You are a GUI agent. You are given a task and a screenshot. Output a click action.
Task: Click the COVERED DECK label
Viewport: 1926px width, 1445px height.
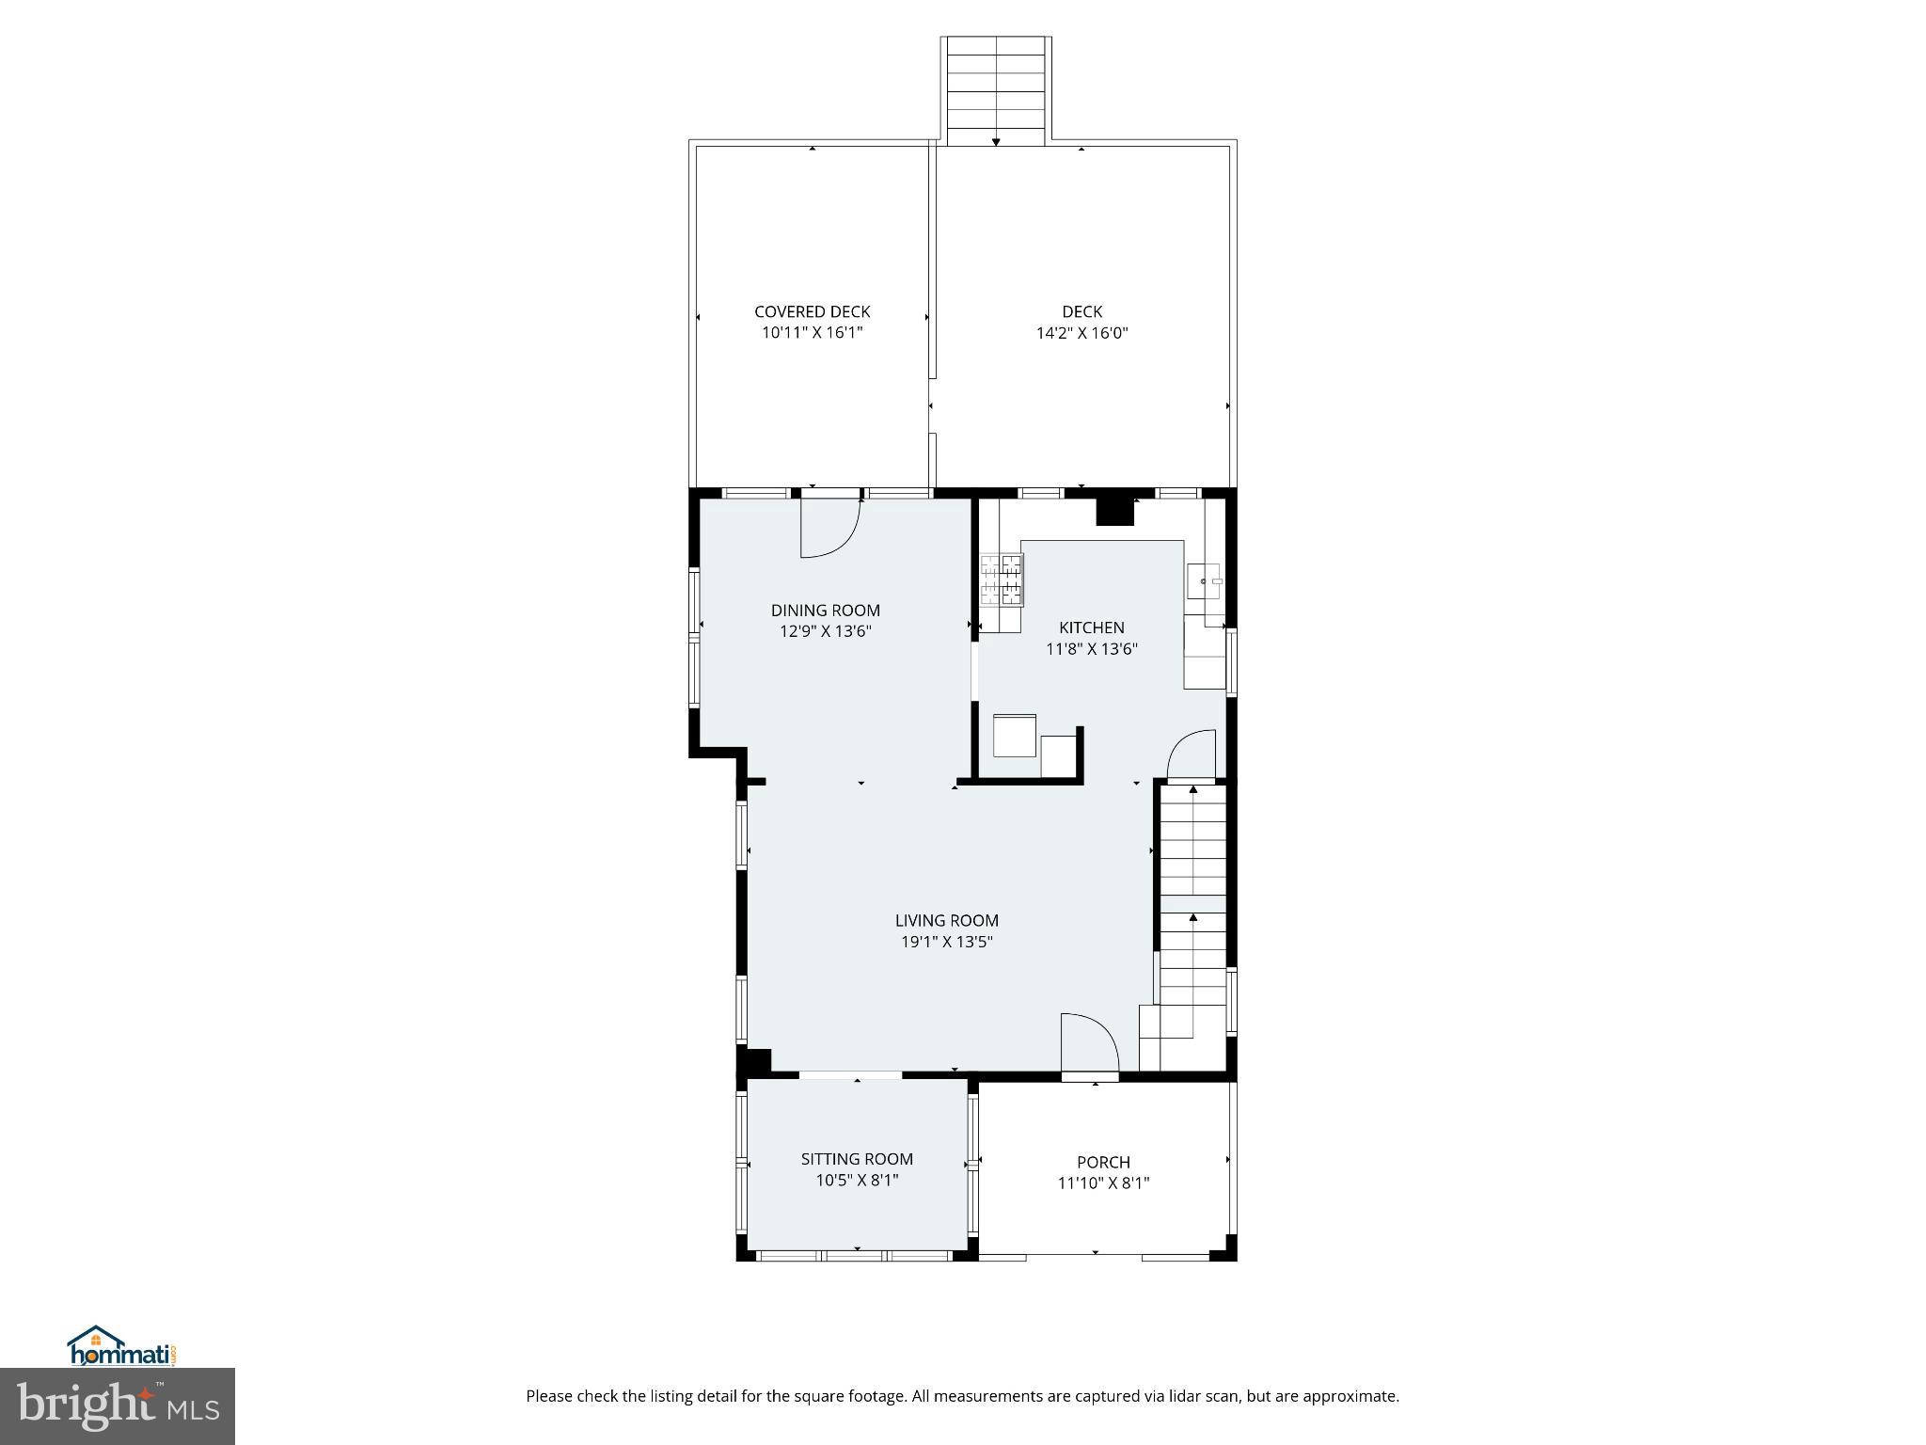(x=812, y=311)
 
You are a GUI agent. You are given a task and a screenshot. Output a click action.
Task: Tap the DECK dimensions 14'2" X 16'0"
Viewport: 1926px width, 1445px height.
(x=1081, y=333)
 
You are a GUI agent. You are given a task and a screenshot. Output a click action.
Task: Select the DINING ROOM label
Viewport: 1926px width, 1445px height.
(x=825, y=611)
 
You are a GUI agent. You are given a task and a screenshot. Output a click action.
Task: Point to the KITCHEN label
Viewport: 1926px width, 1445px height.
(x=1091, y=627)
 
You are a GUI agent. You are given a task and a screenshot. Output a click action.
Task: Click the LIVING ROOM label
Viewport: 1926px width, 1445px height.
(x=946, y=921)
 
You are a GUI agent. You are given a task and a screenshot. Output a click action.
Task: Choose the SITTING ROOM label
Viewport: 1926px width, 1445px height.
(x=857, y=1159)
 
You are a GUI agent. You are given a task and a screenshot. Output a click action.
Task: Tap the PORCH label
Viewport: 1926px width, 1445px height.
(x=1103, y=1163)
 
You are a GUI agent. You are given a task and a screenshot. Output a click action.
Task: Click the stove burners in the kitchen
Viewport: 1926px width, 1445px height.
(x=1001, y=580)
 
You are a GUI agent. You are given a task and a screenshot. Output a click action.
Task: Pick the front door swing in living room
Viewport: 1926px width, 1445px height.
(x=1088, y=1042)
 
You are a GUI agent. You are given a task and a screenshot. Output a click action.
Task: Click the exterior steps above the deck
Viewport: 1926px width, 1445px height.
(x=996, y=90)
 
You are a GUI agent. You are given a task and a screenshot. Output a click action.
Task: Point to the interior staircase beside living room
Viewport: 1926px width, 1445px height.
(x=1193, y=903)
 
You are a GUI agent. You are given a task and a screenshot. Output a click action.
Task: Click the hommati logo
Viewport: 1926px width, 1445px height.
(x=121, y=1346)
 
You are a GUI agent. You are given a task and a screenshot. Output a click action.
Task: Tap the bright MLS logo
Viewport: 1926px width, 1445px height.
(x=117, y=1405)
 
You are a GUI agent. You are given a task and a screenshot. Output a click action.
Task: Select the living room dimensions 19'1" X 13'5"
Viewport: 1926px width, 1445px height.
(x=946, y=942)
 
